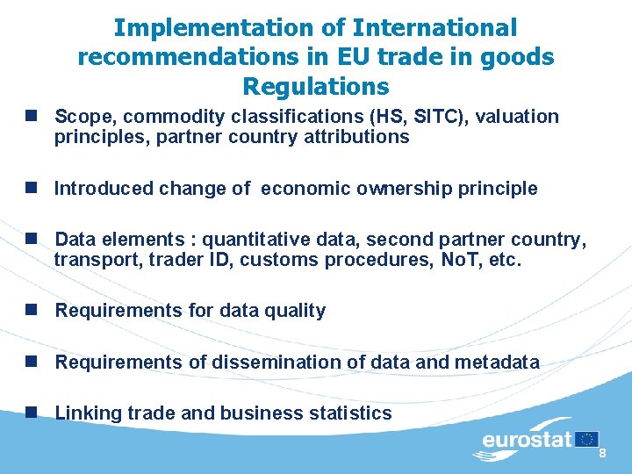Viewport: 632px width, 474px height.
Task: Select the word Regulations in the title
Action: (316, 87)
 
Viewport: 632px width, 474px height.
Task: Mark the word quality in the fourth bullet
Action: (296, 311)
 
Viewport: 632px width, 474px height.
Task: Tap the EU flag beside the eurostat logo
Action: (587, 439)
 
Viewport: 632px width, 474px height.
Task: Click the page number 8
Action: (603, 453)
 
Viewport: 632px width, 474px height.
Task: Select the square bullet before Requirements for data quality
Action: (32, 310)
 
